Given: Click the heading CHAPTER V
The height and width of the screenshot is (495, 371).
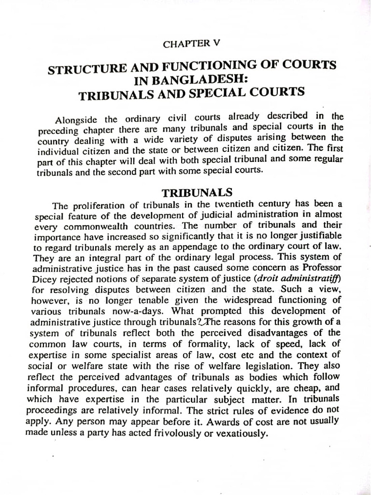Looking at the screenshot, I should [191, 44].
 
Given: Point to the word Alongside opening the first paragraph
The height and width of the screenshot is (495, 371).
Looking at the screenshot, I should [77, 119].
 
